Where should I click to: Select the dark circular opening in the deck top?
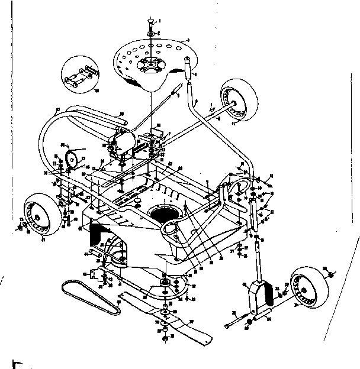coord(164,212)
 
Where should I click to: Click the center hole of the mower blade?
coord(164,312)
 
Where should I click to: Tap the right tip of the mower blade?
coord(207,339)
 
